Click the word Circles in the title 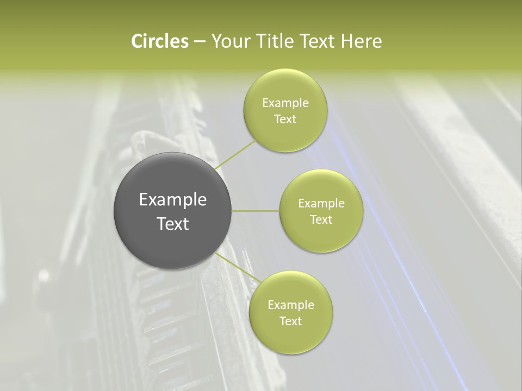[x=159, y=41]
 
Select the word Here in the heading [x=361, y=41]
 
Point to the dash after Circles [x=199, y=42]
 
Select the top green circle [x=285, y=110]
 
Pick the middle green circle [x=321, y=211]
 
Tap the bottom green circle [x=290, y=312]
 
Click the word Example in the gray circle [x=173, y=200]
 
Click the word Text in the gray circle [x=173, y=224]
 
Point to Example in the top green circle [x=285, y=103]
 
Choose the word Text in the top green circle [x=285, y=119]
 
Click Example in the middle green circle [x=321, y=203]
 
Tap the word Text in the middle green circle [x=321, y=219]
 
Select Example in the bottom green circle [x=290, y=305]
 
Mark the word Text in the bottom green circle [x=290, y=321]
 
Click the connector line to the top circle [x=235, y=155]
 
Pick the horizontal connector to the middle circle [x=256, y=211]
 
